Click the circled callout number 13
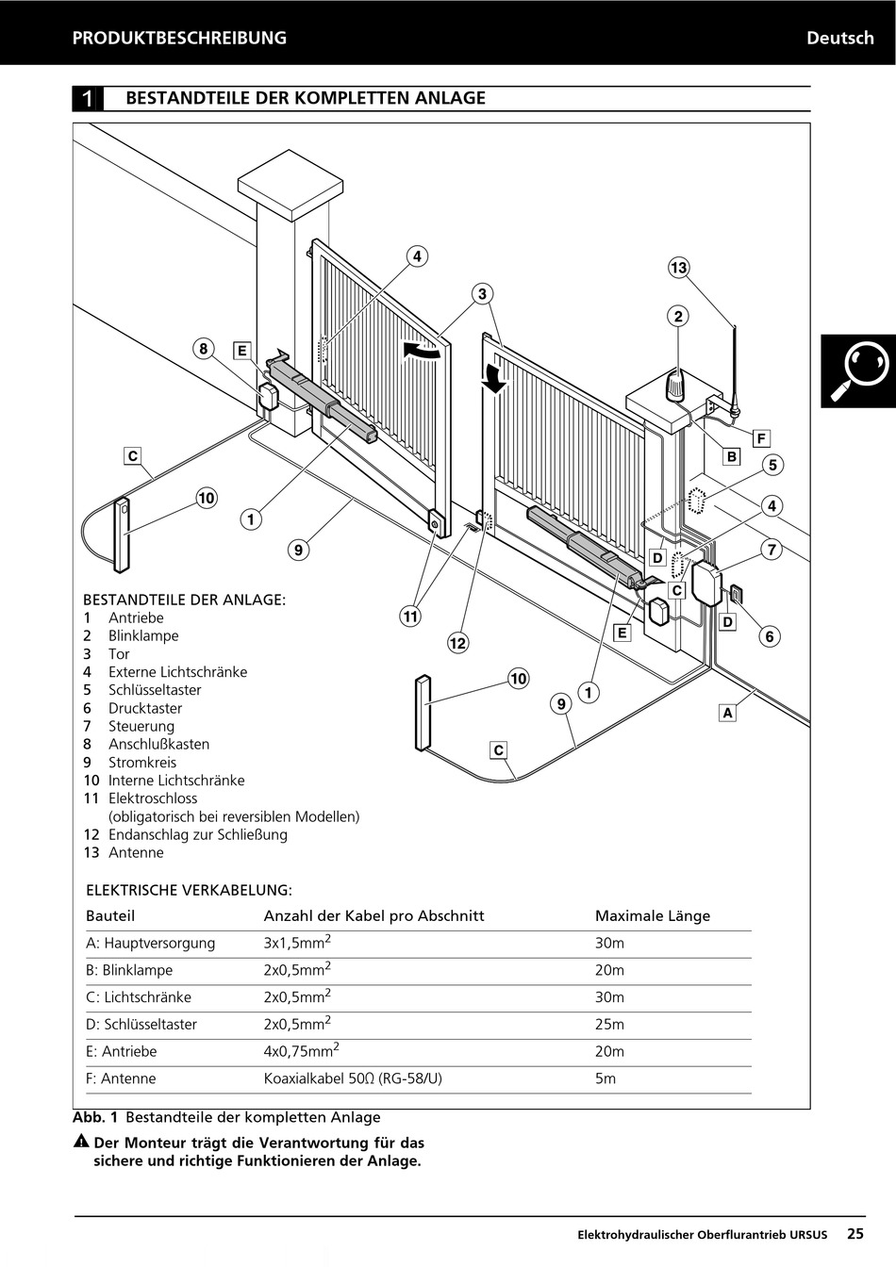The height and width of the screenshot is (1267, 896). click(x=679, y=268)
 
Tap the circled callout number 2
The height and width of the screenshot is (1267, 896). click(x=678, y=316)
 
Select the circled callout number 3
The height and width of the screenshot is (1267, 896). click(x=482, y=294)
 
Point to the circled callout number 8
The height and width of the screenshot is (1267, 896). click(x=203, y=349)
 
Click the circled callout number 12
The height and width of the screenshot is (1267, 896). click(x=457, y=643)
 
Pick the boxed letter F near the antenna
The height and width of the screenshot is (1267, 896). click(x=761, y=437)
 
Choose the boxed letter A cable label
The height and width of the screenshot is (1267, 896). click(x=727, y=713)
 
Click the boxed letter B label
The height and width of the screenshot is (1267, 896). click(x=731, y=456)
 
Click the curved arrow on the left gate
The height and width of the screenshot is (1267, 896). click(x=422, y=351)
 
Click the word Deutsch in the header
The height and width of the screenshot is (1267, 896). click(x=839, y=38)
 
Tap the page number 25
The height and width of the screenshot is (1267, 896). click(x=855, y=1233)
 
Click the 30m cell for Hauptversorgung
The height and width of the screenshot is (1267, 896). click(x=609, y=943)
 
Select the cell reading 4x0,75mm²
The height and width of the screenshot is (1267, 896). click(x=301, y=1051)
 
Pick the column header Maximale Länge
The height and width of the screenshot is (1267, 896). click(x=652, y=915)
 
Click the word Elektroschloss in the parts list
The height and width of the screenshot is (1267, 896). click(x=153, y=798)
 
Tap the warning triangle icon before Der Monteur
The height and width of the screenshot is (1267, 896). click(x=82, y=1143)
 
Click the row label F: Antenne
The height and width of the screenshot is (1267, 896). click(x=121, y=1078)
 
